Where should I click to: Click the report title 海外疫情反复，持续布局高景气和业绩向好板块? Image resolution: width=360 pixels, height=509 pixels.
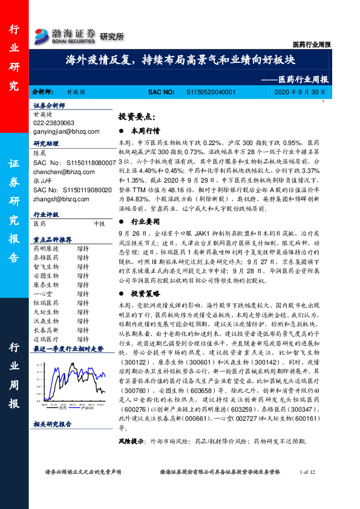pos(180,60)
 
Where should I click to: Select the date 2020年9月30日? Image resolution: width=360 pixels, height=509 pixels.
pos(299,93)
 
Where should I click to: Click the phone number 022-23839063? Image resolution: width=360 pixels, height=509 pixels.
pos(54,122)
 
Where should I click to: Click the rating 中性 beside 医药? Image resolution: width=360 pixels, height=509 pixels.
pos(100,223)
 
